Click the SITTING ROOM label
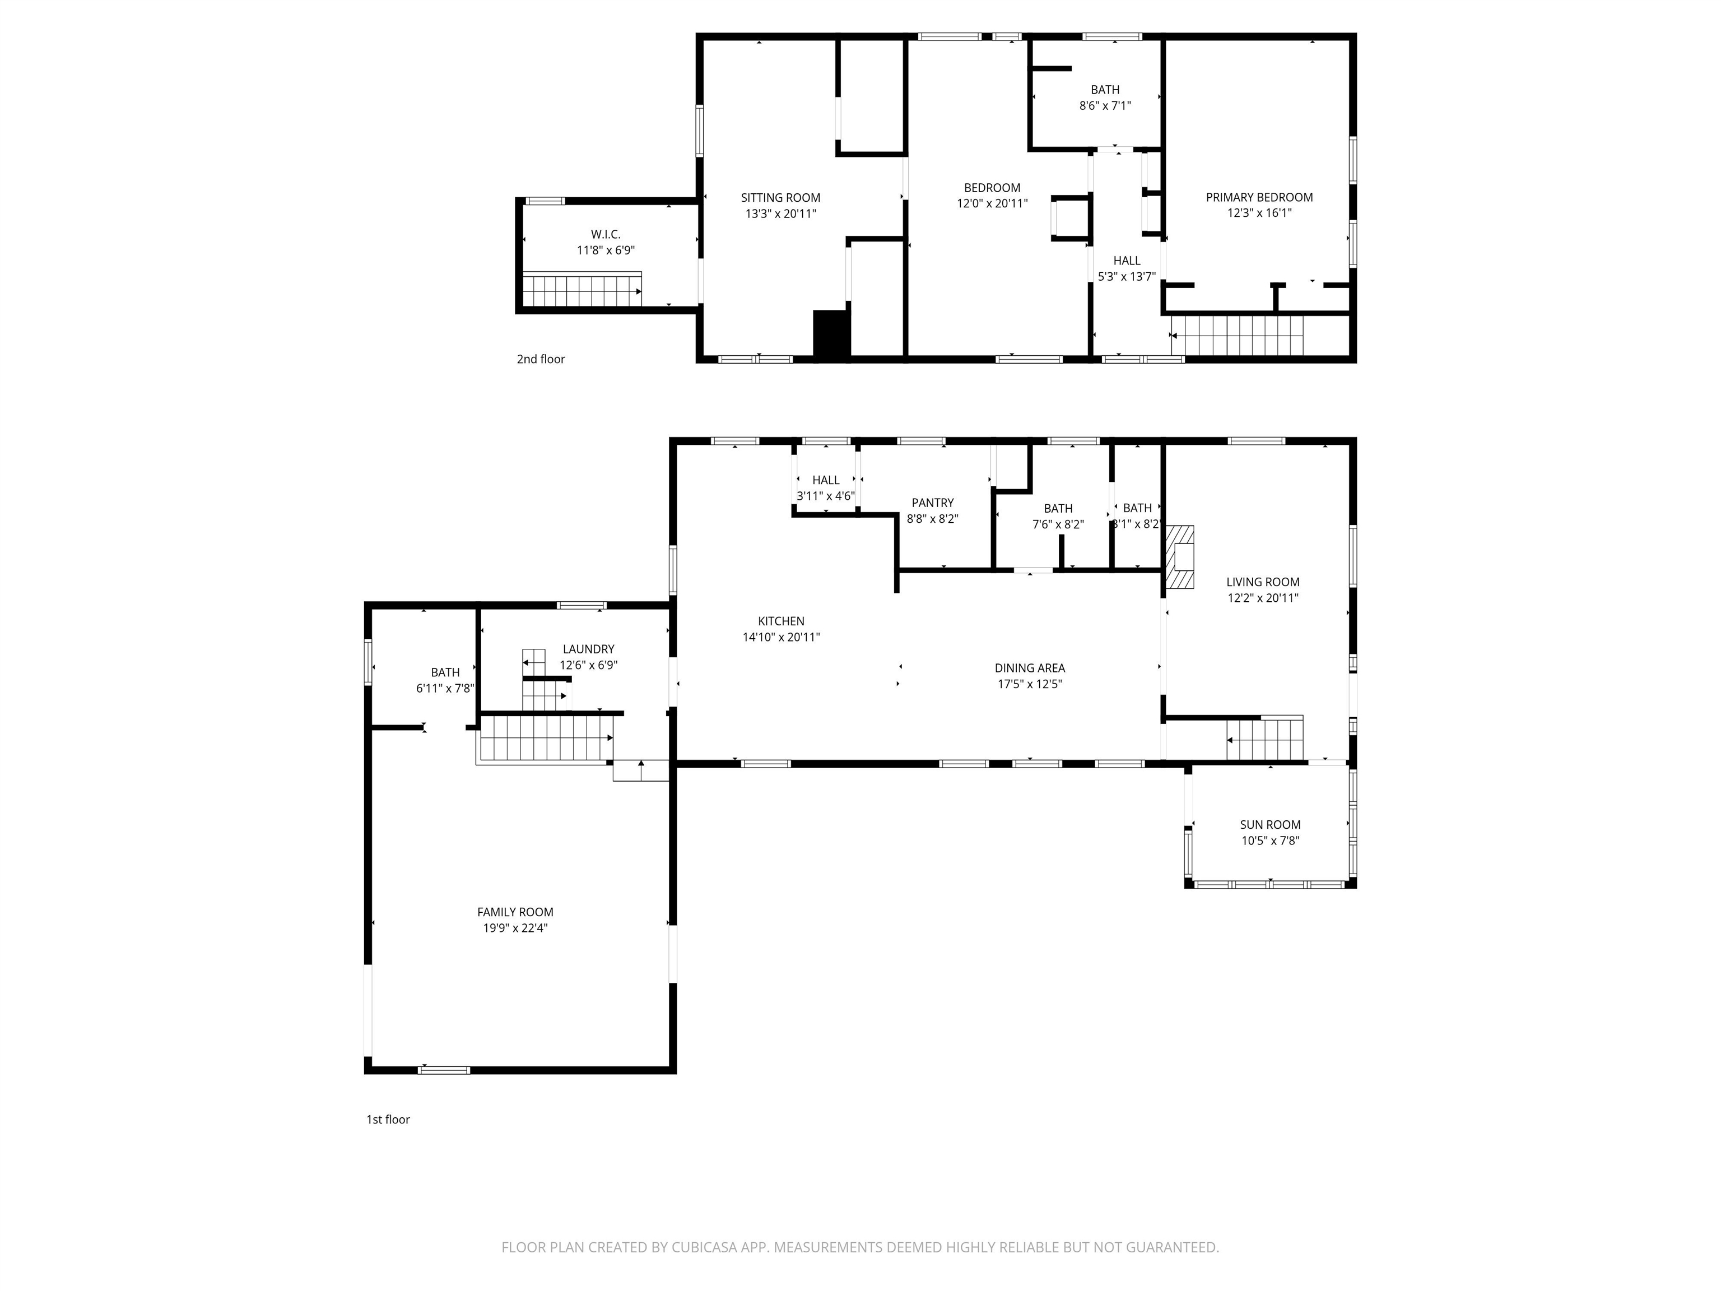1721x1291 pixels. [780, 198]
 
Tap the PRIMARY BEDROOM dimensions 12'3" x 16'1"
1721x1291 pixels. [1259, 212]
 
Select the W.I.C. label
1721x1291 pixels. [605, 234]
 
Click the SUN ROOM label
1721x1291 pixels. [1270, 824]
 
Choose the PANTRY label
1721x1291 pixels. [932, 503]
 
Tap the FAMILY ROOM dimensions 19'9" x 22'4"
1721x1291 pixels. [515, 927]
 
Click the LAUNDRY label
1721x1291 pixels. [588, 649]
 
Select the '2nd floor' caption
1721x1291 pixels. [541, 359]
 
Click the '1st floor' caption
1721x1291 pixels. [388, 1119]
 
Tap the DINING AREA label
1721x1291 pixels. [1029, 668]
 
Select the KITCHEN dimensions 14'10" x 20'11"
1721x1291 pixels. [781, 637]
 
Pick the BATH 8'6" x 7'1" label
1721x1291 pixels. [1105, 90]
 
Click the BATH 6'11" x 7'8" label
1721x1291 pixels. [445, 672]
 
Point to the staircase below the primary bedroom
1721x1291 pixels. [1237, 335]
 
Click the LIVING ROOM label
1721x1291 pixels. [1262, 582]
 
